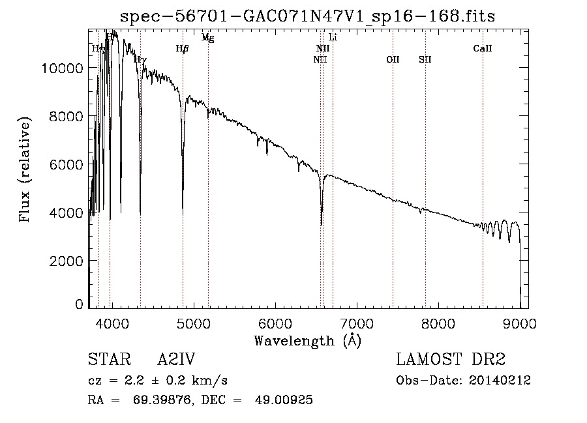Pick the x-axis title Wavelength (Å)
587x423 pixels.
tap(307, 340)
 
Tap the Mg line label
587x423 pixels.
tap(207, 38)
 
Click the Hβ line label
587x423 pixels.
tap(183, 48)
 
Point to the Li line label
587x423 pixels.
tap(333, 37)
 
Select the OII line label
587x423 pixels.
tap(393, 59)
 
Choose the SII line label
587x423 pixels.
tap(425, 59)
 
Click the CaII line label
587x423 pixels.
tap(483, 48)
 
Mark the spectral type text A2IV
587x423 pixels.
tap(176, 360)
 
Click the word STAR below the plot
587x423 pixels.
tap(106, 360)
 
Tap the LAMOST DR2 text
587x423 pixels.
tap(451, 360)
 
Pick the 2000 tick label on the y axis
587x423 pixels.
tap(68, 261)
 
